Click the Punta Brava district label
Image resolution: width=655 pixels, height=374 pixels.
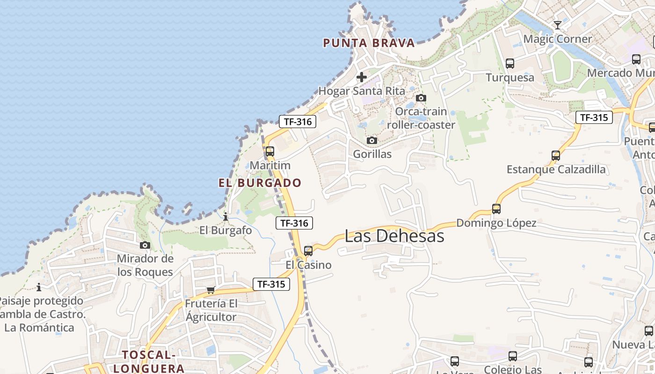[369, 43]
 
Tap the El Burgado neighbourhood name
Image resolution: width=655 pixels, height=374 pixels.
[260, 183]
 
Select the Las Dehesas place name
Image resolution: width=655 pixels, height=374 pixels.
[394, 236]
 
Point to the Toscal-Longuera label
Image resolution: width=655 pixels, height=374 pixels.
[149, 361]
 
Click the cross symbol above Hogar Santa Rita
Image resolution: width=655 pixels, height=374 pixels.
[361, 77]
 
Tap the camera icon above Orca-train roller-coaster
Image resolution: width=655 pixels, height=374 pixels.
[421, 98]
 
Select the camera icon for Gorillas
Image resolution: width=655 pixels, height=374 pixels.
[372, 140]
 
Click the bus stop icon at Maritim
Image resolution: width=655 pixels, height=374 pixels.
[270, 151]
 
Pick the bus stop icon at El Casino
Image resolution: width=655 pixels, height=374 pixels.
[308, 251]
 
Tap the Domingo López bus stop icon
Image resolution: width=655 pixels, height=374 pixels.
[496, 209]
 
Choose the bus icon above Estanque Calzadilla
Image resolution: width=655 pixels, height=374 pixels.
[556, 156]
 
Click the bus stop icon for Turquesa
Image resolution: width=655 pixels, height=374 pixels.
[510, 64]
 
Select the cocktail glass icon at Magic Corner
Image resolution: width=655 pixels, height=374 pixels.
[557, 25]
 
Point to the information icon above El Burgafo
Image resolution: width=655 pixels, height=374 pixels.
[226, 216]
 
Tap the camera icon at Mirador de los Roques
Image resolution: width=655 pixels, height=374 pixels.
[145, 245]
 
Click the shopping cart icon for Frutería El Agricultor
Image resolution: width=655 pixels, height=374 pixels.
[211, 290]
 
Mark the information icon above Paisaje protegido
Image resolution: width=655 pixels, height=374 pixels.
[39, 287]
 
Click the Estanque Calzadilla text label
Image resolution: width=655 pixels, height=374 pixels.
[556, 169]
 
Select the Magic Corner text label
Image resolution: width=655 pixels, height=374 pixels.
[558, 39]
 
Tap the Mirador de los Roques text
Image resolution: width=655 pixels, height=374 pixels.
[145, 265]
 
